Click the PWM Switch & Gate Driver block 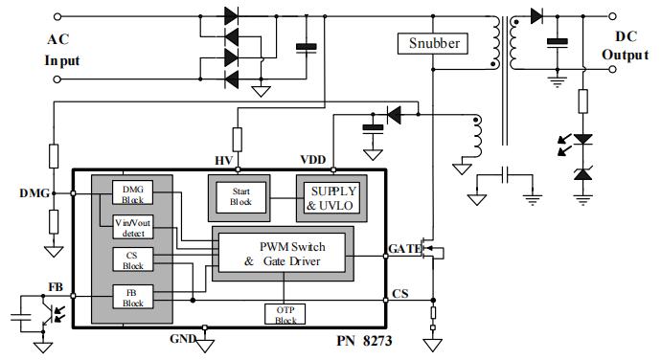284,253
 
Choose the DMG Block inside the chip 130,192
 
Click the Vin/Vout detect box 130,226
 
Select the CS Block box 130,259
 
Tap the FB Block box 130,296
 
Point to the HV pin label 222,159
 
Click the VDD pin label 312,159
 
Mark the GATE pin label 403,249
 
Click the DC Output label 625,45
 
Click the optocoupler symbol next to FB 40,314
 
